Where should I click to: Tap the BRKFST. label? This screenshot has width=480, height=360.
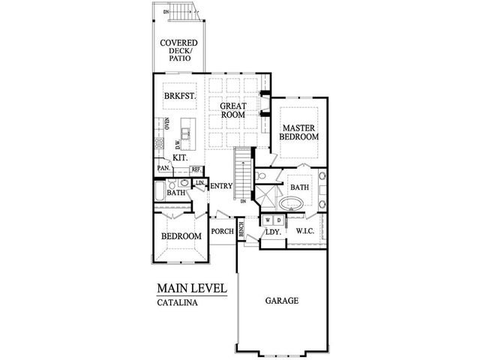click(180, 96)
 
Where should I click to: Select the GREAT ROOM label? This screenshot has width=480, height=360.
click(234, 110)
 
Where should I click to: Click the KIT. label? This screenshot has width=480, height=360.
click(181, 158)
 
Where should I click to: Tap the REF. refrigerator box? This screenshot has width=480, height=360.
click(196, 169)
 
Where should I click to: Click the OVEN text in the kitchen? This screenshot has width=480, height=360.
click(166, 124)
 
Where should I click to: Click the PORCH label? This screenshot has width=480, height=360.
click(223, 232)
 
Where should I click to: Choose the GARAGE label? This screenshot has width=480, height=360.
click(282, 301)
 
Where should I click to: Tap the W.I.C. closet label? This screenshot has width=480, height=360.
click(305, 231)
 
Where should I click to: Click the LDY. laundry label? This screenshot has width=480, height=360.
click(272, 233)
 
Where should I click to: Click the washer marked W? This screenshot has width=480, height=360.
click(267, 220)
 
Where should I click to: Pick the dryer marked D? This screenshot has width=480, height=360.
click(278, 220)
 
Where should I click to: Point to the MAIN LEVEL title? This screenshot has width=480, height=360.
click(191, 288)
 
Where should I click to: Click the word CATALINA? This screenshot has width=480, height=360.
click(177, 304)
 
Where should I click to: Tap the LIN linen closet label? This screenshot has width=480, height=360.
click(199, 182)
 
